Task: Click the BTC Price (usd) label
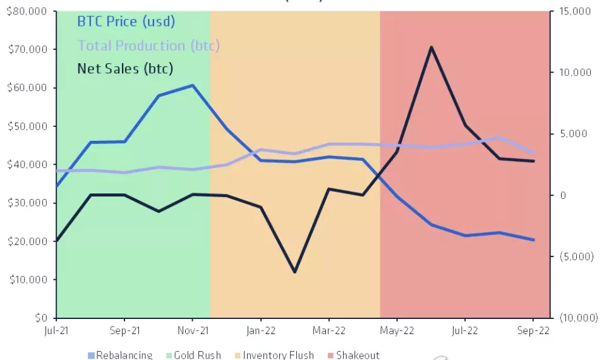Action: [x=126, y=21]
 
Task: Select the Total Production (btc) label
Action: [x=148, y=45]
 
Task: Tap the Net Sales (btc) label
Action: [x=125, y=68]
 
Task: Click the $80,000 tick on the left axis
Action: [x=27, y=11]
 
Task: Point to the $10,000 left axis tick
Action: [x=27, y=279]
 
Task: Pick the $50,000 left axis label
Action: [x=27, y=126]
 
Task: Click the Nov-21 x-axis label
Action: [x=193, y=330]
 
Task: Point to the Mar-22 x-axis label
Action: [x=329, y=330]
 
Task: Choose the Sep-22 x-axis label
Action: [x=533, y=330]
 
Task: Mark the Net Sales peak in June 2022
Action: [x=431, y=47]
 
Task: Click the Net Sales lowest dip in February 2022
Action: [x=294, y=272]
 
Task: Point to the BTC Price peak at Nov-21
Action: [x=193, y=85]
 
